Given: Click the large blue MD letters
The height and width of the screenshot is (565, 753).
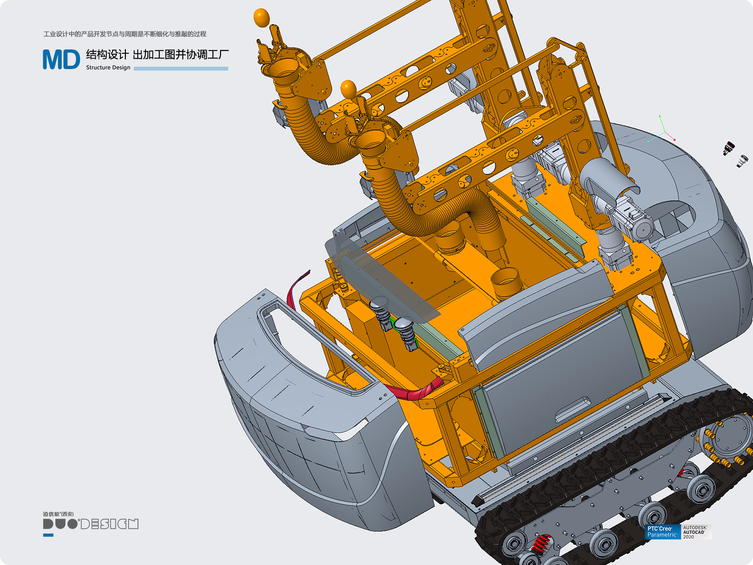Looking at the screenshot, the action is tap(61, 59).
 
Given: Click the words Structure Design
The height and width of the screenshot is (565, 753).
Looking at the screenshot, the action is tap(108, 67).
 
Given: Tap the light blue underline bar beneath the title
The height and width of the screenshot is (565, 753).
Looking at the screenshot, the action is tap(181, 69).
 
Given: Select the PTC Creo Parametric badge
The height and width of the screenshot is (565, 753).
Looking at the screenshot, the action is tap(662, 532).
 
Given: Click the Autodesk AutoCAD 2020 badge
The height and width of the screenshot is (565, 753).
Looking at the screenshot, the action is tap(696, 532).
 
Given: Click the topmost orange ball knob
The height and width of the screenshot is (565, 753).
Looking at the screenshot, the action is tap(262, 18).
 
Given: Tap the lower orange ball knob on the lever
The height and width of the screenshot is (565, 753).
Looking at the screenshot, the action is tap(348, 89).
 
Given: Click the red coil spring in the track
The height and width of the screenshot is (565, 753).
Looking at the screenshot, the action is tap(542, 544).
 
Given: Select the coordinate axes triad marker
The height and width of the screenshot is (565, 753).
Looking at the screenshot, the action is tap(662, 129).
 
